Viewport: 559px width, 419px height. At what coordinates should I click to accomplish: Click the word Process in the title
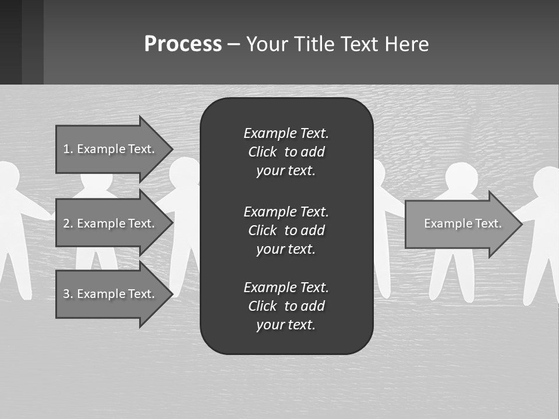pos(183,44)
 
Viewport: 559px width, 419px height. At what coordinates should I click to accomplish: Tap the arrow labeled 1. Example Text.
pos(111,149)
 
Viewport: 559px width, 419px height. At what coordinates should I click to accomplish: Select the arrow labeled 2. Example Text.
pos(111,223)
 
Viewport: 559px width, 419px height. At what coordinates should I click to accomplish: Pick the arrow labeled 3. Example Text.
pos(111,294)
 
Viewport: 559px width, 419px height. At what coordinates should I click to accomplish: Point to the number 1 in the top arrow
pos(66,149)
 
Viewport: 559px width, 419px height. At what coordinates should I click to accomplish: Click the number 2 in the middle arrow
pos(66,223)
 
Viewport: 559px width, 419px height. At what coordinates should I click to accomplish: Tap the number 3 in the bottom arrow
pos(66,294)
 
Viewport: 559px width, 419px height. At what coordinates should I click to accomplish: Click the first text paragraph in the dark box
pos(286,152)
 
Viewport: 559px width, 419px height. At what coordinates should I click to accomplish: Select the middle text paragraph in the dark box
pos(286,230)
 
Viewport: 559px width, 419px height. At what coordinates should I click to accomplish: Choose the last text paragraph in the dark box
pos(286,306)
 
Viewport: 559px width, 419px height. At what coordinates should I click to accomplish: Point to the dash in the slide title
pos(233,44)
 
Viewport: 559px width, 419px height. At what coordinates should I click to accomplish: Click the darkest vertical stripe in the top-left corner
pos(10,41)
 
